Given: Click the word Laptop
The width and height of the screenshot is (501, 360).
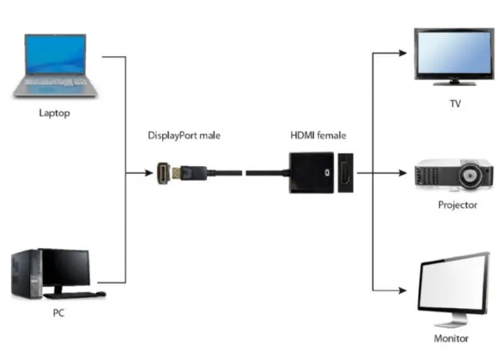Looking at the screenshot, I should pyautogui.click(x=54, y=112).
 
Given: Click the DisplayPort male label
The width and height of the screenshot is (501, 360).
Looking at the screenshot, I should pyautogui.click(x=185, y=135).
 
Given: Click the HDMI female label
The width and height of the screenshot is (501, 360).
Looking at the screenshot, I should pyautogui.click(x=317, y=135).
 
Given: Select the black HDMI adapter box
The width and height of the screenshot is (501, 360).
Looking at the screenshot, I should pyautogui.click(x=311, y=174).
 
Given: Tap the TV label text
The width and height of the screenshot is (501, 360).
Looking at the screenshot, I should pyautogui.click(x=455, y=104).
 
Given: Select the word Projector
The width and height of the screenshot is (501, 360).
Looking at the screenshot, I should pyautogui.click(x=457, y=205).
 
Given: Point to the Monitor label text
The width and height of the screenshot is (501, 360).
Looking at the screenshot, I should pyautogui.click(x=451, y=338).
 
